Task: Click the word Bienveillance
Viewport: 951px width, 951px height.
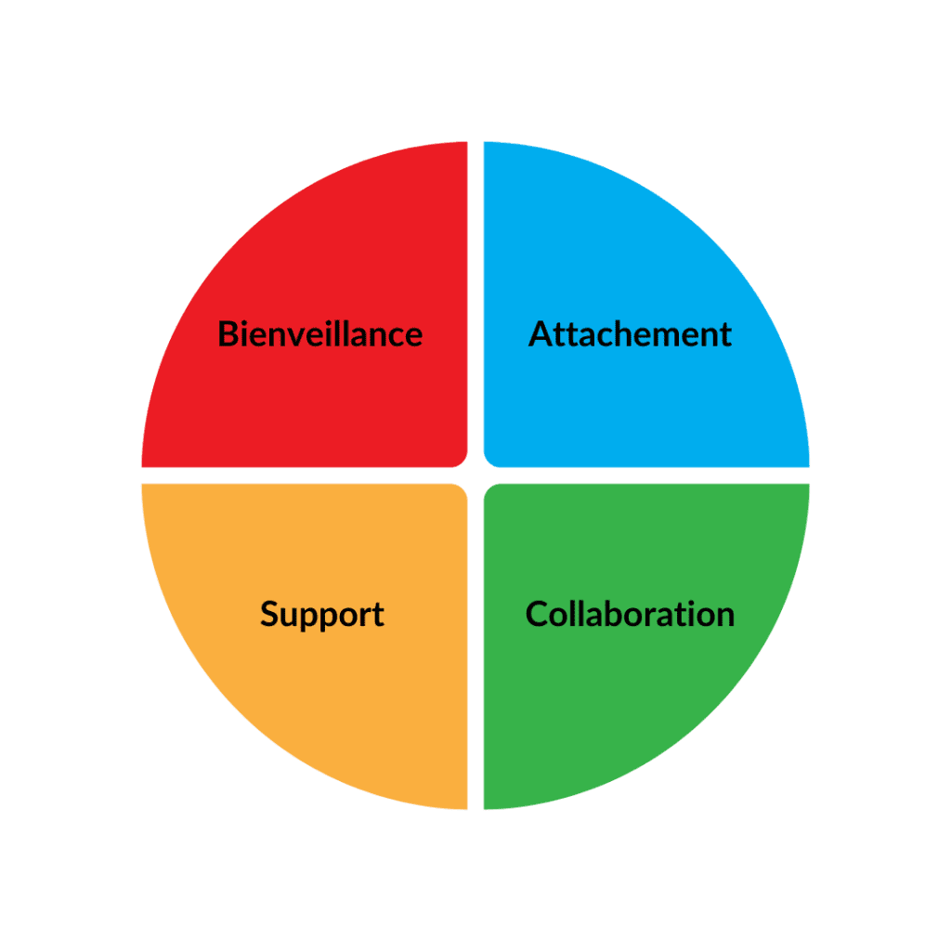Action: click(x=319, y=333)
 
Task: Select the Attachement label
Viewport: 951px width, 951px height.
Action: click(x=630, y=333)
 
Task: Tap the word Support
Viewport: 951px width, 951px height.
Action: click(x=321, y=615)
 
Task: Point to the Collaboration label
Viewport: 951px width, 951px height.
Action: click(x=630, y=614)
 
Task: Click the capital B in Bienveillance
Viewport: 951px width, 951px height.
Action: click(x=228, y=333)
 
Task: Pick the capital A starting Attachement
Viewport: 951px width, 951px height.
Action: click(x=541, y=333)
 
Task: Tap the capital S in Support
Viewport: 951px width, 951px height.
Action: click(x=269, y=614)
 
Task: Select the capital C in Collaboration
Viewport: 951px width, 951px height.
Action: click(x=537, y=614)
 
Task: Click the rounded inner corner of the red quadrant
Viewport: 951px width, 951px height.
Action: click(x=460, y=460)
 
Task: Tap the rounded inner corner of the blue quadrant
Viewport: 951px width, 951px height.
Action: click(x=491, y=460)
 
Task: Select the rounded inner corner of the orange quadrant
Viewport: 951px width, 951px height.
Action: click(x=460, y=491)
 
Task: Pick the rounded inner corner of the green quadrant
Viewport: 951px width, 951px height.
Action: click(x=491, y=491)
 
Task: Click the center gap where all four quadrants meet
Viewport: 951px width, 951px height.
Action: click(x=475, y=475)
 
